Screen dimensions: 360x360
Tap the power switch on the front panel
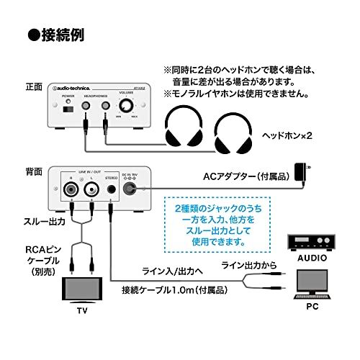click(68, 109)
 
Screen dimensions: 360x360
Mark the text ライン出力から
click(248, 266)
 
